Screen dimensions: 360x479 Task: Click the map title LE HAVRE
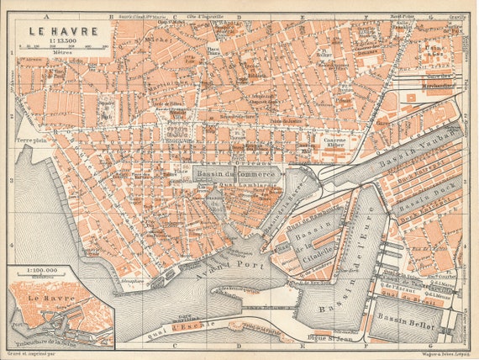click(x=62, y=31)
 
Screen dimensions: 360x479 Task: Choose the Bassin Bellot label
click(x=408, y=319)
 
